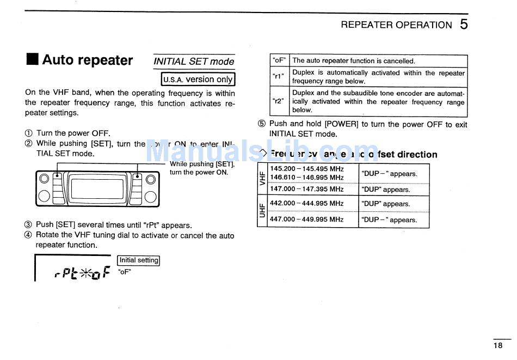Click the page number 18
click(x=498, y=345)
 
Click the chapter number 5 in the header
click(x=463, y=24)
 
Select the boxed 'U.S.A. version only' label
click(x=198, y=80)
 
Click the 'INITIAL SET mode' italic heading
click(x=194, y=62)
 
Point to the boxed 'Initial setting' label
click(x=139, y=260)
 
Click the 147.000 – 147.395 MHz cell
click(x=307, y=189)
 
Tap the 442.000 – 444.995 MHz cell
click(x=307, y=203)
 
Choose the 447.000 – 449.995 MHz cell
click(x=307, y=219)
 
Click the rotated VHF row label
click(x=262, y=178)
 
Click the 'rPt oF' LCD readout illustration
click(x=82, y=272)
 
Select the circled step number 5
click(x=261, y=124)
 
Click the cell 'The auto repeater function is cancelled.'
click(x=354, y=61)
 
